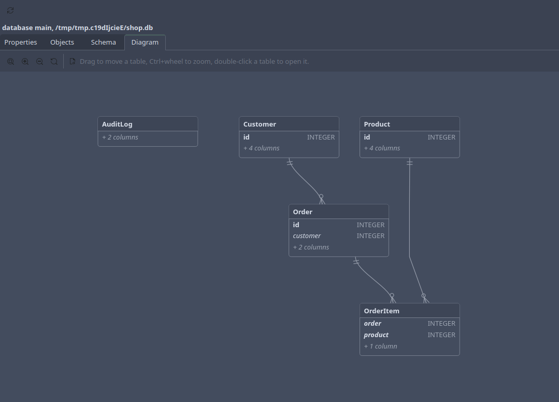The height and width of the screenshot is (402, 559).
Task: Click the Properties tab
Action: tap(21, 42)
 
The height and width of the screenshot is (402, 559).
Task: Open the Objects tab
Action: tap(62, 42)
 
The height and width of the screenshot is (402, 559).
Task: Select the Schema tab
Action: tap(104, 42)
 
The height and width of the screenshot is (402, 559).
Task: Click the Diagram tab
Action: tap(145, 42)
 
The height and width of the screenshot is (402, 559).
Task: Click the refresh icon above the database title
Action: tap(10, 10)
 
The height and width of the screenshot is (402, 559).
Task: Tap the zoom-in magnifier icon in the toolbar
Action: tap(25, 61)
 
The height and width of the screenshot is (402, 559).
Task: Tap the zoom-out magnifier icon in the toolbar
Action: tap(39, 61)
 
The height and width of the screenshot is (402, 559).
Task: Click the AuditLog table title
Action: tap(117, 124)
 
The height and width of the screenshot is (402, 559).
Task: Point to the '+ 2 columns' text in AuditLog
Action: tap(120, 137)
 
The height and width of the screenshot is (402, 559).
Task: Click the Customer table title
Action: tap(260, 124)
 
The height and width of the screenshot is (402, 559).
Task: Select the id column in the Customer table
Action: tap(247, 137)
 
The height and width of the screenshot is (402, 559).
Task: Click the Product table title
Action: tap(377, 124)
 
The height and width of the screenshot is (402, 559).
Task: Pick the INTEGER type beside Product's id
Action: tap(441, 137)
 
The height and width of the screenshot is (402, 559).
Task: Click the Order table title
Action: tap(303, 212)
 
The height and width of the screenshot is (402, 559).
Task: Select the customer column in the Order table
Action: tap(307, 235)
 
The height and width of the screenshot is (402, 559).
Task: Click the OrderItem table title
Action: tap(381, 311)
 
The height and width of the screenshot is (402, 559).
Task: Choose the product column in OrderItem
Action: tap(376, 335)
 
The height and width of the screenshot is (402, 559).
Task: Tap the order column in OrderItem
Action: tap(372, 324)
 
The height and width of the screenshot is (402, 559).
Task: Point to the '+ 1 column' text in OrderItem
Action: tap(380, 346)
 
